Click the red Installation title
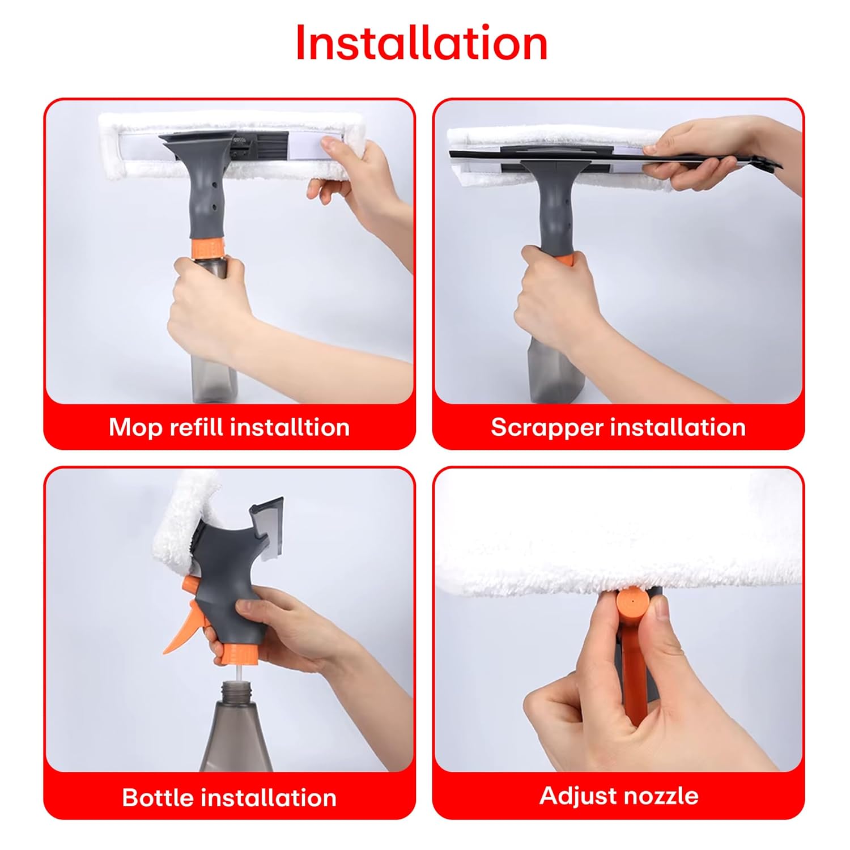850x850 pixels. point(422,43)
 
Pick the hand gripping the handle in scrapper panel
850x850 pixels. point(561,300)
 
